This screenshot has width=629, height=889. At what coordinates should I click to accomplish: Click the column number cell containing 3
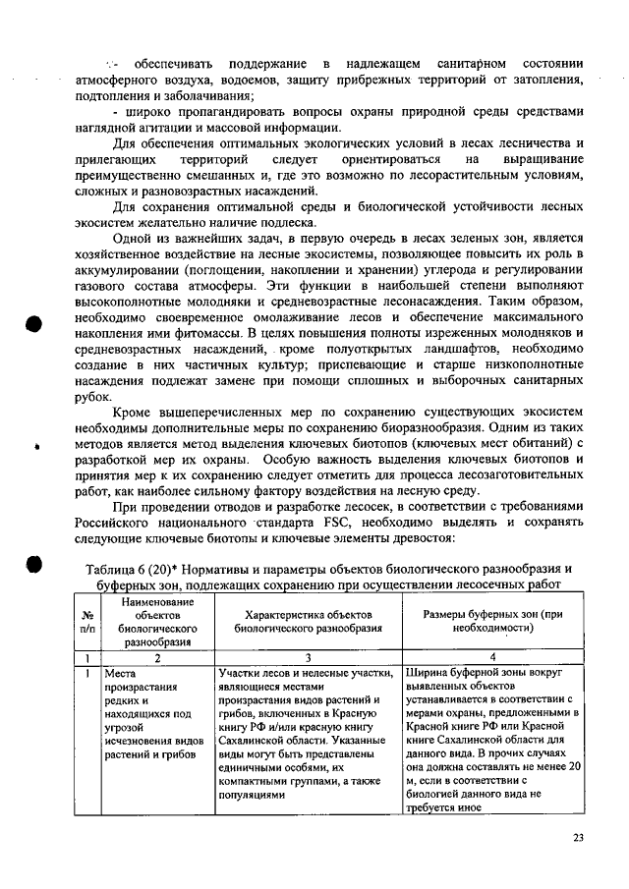pyautogui.click(x=306, y=657)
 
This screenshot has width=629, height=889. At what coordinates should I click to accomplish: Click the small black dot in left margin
pyautogui.click(x=35, y=446)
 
